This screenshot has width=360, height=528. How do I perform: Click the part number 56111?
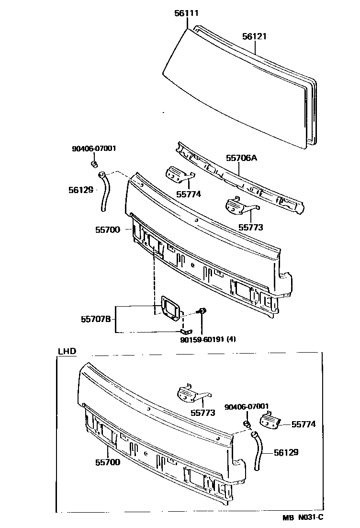click(x=186, y=13)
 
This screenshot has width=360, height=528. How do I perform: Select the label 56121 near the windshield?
click(x=254, y=36)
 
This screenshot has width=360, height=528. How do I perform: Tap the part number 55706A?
click(x=242, y=157)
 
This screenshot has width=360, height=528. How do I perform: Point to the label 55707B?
click(x=96, y=319)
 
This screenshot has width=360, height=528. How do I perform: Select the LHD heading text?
click(x=67, y=351)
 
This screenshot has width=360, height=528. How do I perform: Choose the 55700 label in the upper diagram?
click(x=107, y=230)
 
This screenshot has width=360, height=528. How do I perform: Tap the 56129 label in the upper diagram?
click(x=81, y=190)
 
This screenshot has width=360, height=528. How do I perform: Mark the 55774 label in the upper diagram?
click(x=189, y=195)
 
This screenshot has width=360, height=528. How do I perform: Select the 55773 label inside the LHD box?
click(x=203, y=412)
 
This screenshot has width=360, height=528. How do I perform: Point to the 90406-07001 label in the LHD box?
click(x=247, y=406)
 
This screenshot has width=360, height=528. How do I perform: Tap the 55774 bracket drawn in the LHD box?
click(x=270, y=420)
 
